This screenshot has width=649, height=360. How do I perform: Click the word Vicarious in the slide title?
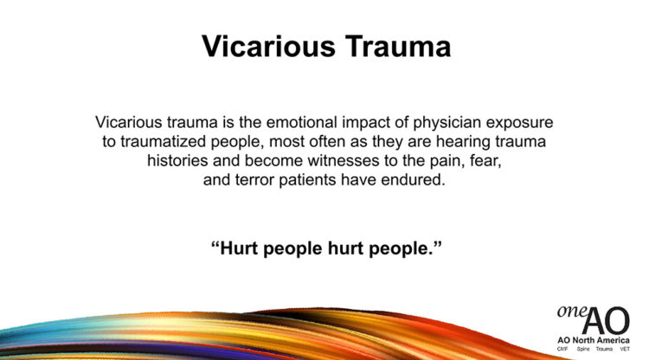coord(268,46)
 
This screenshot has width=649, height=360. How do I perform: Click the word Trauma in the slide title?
coord(398,46)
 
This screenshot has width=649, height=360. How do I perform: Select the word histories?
coord(177,161)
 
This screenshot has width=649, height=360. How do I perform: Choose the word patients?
coord(307,181)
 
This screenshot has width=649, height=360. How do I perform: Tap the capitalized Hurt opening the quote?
coord(237,248)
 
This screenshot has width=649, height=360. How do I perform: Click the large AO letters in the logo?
coord(606,321)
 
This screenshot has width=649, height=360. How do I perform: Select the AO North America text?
coord(594,340)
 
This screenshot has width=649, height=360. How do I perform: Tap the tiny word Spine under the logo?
coord(582,350)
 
